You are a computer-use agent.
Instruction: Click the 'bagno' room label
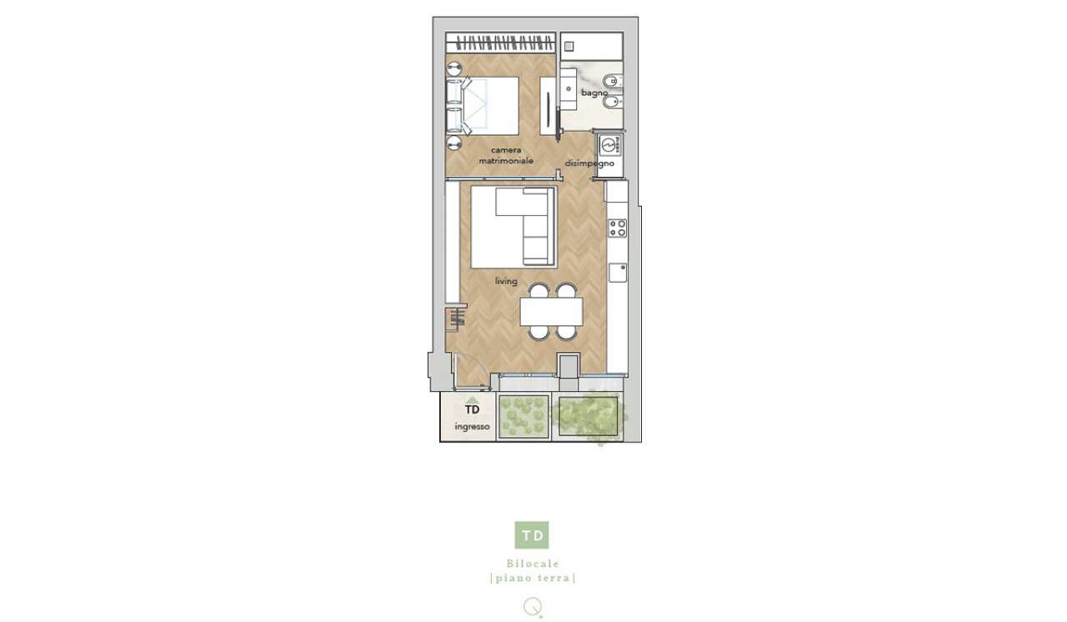[x=594, y=93]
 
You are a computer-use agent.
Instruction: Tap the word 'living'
[x=506, y=281]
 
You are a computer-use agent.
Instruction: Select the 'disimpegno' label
[x=589, y=163]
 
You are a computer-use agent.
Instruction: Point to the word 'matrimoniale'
[x=506, y=161]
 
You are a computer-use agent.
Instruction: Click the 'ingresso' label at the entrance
[x=472, y=427]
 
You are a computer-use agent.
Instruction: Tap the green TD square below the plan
[x=532, y=534]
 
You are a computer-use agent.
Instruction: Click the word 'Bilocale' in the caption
[x=533, y=564]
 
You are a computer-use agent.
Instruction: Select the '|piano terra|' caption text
[x=533, y=578]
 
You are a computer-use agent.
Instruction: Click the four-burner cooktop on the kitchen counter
[x=618, y=228]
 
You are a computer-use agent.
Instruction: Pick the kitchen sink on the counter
[x=618, y=273]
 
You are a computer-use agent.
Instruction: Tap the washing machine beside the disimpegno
[x=609, y=145]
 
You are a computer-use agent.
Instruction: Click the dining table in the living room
[x=552, y=312]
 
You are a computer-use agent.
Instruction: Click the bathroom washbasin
[x=569, y=89]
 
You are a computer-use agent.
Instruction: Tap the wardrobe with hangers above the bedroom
[x=501, y=43]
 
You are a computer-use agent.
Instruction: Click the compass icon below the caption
[x=533, y=607]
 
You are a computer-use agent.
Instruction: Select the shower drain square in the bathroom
[x=569, y=46]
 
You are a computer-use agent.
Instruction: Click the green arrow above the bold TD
[x=472, y=400]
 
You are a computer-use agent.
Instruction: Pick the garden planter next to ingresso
[x=523, y=417]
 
